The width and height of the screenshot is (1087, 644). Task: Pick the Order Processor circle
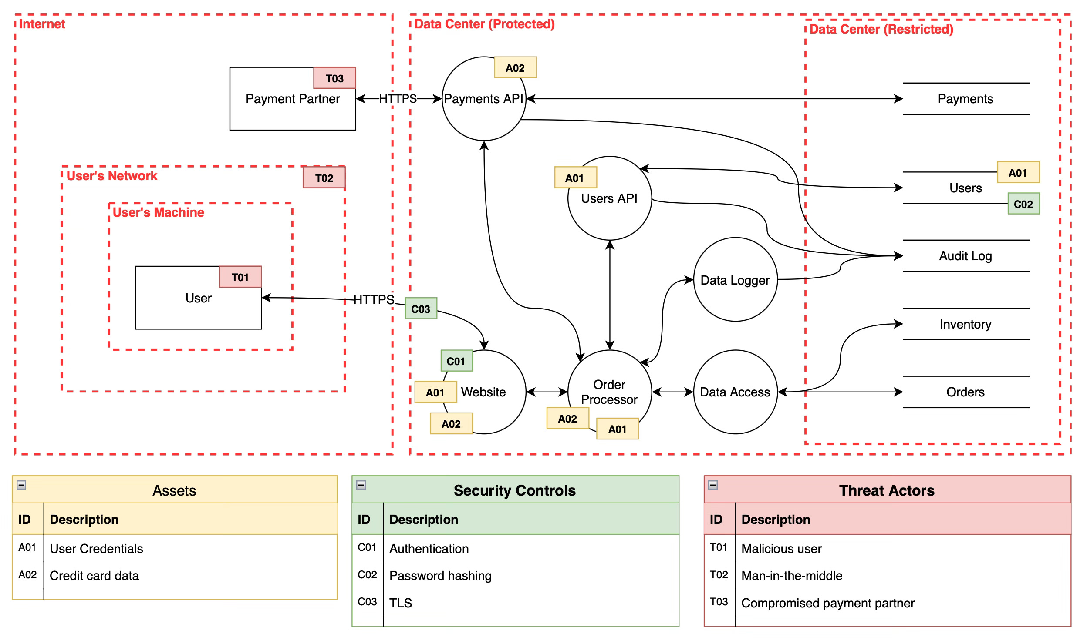coord(609,392)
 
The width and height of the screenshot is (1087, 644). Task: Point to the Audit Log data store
coord(965,256)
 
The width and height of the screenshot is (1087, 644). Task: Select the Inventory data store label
coord(965,324)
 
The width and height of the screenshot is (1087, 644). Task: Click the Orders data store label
coord(965,392)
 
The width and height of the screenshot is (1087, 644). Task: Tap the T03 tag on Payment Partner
coord(334,78)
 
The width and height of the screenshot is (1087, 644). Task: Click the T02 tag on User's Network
coord(324,178)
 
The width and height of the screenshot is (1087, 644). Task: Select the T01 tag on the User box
coord(240,277)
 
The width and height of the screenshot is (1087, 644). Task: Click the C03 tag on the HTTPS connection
coord(421,309)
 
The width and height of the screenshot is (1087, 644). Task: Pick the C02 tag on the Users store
coord(1023,204)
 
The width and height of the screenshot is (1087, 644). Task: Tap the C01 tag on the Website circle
coord(456,361)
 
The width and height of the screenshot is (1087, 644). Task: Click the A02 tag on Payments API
coord(515,68)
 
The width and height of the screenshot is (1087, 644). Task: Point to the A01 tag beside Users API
coord(575,178)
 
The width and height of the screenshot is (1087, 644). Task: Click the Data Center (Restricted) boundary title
coord(881,29)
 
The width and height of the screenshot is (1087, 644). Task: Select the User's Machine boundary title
coord(159,212)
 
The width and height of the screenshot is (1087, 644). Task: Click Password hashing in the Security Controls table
coord(440,576)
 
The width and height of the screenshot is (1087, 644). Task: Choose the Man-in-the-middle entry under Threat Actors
coord(792,576)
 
